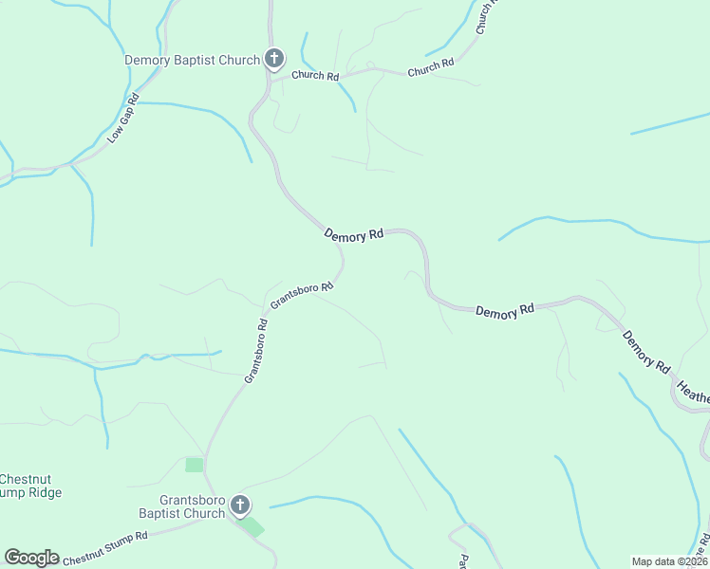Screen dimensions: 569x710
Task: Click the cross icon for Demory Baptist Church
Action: pyautogui.click(x=273, y=60)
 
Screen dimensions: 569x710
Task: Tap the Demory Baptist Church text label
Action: pyautogui.click(x=193, y=61)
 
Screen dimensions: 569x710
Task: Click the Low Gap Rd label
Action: pyautogui.click(x=123, y=118)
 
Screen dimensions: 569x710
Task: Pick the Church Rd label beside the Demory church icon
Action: pyautogui.click(x=315, y=76)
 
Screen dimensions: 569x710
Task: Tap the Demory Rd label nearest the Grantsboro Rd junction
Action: pyautogui.click(x=353, y=234)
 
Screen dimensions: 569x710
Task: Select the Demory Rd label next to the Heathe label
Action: pyautogui.click(x=646, y=350)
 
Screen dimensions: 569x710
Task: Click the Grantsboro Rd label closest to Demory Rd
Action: pyautogui.click(x=302, y=295)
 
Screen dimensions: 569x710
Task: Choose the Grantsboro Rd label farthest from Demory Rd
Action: pyautogui.click(x=255, y=351)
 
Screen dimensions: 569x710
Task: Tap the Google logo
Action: pyautogui.click(x=31, y=558)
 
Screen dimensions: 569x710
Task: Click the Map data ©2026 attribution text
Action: pyautogui.click(x=669, y=561)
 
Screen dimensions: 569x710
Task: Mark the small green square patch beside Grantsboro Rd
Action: pyautogui.click(x=194, y=465)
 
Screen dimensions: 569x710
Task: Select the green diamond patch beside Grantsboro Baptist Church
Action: pyautogui.click(x=252, y=526)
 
